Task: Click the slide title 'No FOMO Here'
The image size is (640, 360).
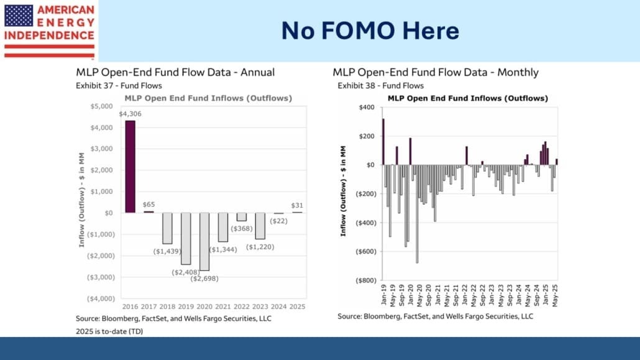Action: point(370,30)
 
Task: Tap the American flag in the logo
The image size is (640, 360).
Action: point(19,15)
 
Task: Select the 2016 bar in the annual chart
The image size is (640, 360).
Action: point(130,166)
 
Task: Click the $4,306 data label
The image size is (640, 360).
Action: point(130,114)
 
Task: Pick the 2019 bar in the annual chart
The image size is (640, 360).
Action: point(186,238)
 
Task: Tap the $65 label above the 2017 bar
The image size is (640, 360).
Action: point(149,204)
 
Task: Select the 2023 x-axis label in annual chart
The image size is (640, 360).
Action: point(260,306)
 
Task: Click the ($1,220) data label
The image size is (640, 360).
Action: point(260,247)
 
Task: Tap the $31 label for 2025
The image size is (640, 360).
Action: point(297,206)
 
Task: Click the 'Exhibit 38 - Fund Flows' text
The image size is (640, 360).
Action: point(380,85)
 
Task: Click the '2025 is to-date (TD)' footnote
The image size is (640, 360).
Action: point(114,331)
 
